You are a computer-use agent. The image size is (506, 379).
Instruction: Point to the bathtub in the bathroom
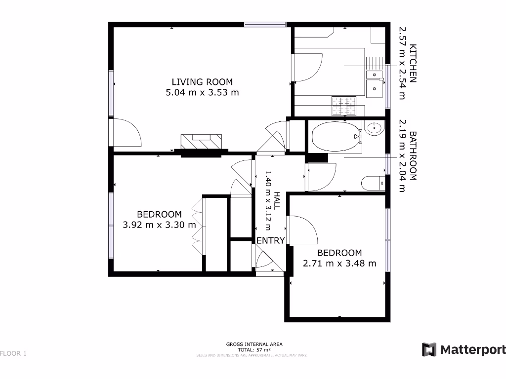click(x=335, y=136)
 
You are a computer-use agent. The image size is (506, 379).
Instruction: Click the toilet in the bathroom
click(x=373, y=183)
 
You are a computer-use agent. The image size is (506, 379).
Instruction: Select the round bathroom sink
click(x=374, y=129)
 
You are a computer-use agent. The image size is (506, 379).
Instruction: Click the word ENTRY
click(x=270, y=241)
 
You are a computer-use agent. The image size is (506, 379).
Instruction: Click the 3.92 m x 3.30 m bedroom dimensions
click(x=159, y=225)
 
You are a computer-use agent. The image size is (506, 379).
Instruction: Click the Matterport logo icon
click(x=429, y=349)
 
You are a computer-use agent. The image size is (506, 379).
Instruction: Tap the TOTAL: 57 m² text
click(x=254, y=349)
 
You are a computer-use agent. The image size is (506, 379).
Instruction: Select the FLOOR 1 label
click(x=13, y=353)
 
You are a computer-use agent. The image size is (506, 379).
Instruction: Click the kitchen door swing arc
click(x=310, y=69)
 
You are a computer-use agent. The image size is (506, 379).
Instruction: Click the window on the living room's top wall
click(x=265, y=24)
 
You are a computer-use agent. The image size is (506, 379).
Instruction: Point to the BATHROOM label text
click(x=414, y=155)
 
